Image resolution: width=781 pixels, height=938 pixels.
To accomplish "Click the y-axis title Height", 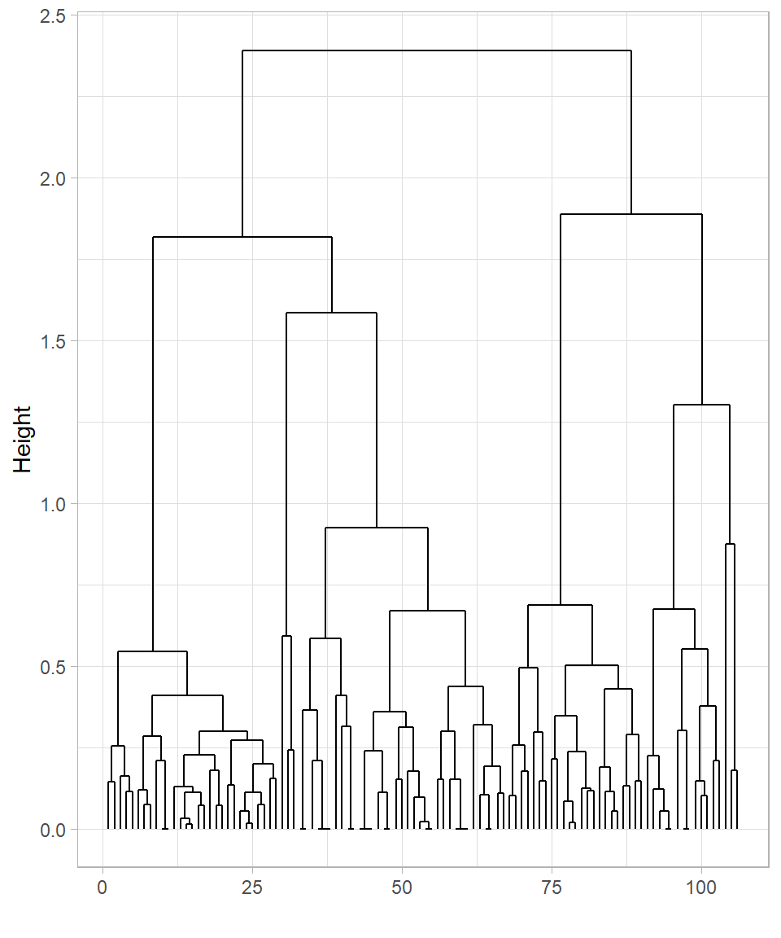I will (23, 440).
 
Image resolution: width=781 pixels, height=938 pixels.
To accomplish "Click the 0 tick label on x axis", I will (103, 888).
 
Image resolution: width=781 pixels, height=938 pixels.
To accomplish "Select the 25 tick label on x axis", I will (252, 888).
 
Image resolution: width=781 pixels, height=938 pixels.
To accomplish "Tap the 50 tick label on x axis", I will (402, 888).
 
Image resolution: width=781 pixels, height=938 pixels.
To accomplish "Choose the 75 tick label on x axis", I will (552, 888).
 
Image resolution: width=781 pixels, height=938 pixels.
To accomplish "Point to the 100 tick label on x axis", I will (701, 888).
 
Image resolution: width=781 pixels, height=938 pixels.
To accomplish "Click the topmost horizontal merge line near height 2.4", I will (437, 50).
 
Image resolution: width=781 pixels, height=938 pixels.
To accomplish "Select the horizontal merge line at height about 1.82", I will (242, 237).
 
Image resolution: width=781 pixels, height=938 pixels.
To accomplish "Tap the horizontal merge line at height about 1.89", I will (631, 214).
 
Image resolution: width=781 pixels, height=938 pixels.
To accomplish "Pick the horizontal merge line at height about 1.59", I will (331, 313).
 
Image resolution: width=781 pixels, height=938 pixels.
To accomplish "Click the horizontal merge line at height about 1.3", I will (701, 405).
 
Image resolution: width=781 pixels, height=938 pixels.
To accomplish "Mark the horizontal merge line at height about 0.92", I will (376, 528).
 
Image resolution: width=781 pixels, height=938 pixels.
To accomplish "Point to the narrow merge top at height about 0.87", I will (730, 544).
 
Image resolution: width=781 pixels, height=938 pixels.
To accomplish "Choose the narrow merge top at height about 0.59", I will (286, 636).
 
